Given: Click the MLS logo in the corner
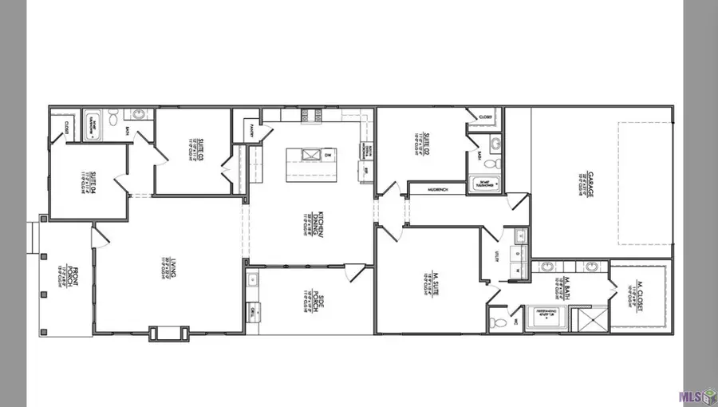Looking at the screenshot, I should click(696, 395).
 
